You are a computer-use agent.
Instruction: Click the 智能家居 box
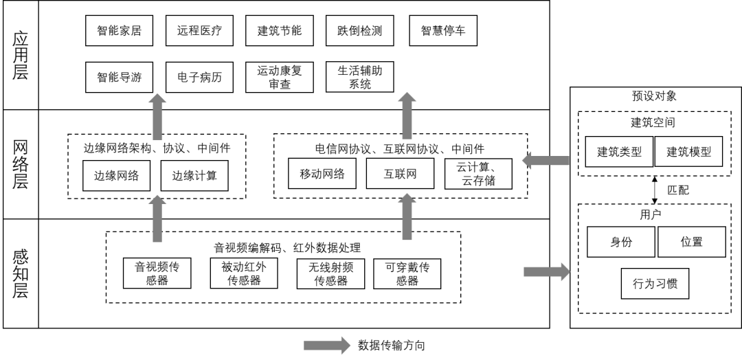(x=120, y=31)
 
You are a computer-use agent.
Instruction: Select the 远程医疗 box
(x=199, y=31)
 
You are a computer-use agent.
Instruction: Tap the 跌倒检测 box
(x=360, y=31)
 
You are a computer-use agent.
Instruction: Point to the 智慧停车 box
(x=443, y=31)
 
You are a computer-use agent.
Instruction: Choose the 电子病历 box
(x=199, y=77)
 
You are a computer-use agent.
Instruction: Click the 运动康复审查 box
(x=280, y=77)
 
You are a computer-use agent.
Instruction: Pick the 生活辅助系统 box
(x=360, y=77)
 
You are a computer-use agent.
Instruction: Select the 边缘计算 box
(x=194, y=176)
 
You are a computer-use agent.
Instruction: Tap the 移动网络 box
(x=322, y=174)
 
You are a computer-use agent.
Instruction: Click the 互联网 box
(x=401, y=174)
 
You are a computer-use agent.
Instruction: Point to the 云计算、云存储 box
(x=480, y=174)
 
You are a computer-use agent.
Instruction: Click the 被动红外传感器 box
(x=244, y=273)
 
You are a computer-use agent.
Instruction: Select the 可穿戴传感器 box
(x=407, y=273)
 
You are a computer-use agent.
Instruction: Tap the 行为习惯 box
(x=655, y=283)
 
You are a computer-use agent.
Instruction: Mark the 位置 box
(x=692, y=242)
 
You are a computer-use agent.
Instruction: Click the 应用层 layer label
(x=21, y=54)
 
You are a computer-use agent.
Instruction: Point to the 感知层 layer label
(x=21, y=273)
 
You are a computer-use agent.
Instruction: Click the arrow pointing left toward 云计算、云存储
(x=546, y=161)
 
